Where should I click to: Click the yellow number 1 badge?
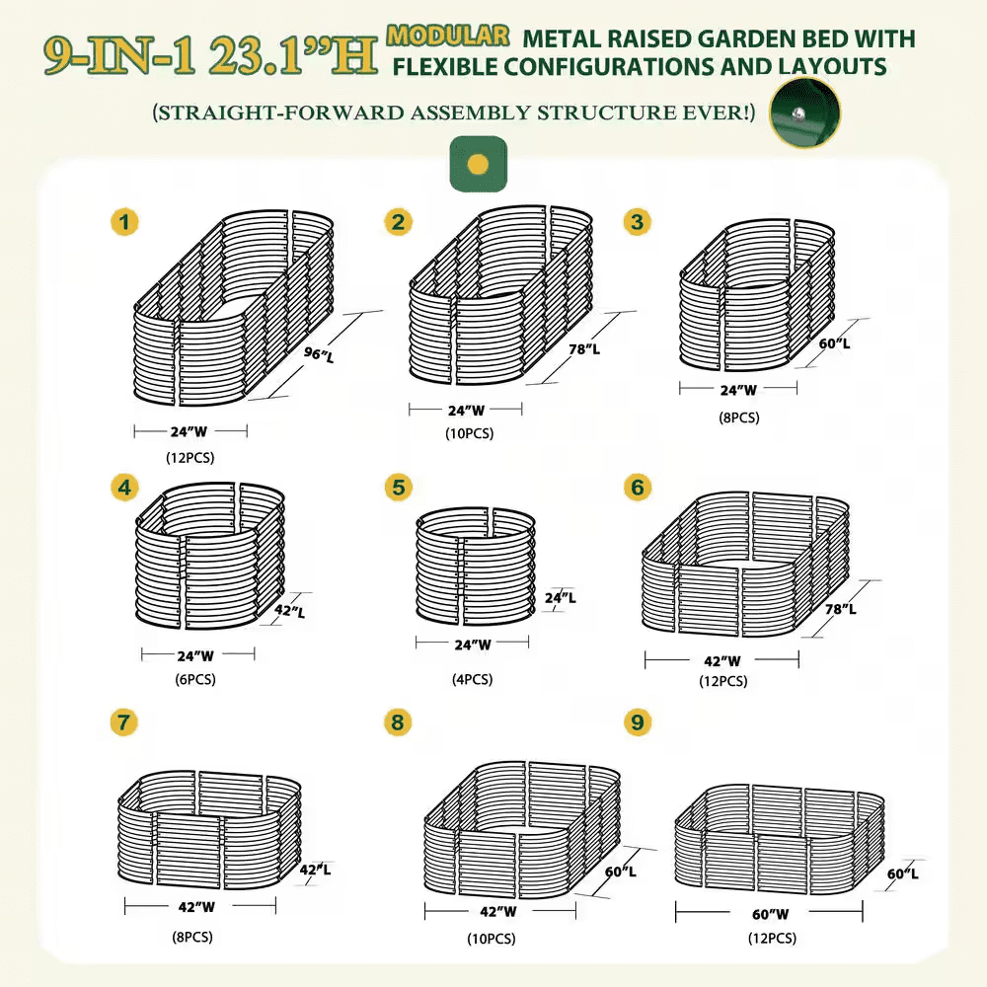[123, 222]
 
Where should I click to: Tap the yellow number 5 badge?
[398, 488]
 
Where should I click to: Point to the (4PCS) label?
[472, 679]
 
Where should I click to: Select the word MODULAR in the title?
[449, 37]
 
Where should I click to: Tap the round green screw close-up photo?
[804, 114]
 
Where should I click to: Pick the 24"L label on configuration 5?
[560, 598]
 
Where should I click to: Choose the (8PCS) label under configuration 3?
[738, 418]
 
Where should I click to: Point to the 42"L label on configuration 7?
[315, 870]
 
